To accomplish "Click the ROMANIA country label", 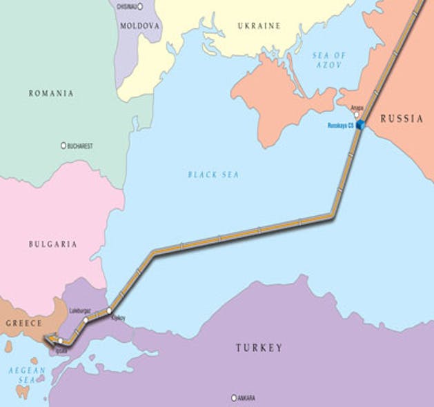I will tap(50, 93).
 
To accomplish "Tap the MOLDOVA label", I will tap(140, 26).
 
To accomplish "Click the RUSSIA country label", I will tap(402, 119).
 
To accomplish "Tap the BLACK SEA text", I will tap(213, 175).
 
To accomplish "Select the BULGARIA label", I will tap(52, 244).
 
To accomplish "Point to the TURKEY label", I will tap(259, 348).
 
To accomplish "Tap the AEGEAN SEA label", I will tap(26, 375).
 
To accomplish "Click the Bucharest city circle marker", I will tap(63, 146).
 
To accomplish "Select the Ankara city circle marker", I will tap(234, 398).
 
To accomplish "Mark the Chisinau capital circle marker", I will tap(140, 6).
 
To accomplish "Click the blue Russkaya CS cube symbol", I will tap(360, 125).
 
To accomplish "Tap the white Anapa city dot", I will tap(357, 115).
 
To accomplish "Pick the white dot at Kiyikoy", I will tap(109, 311).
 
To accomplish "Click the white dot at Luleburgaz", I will tap(86, 321).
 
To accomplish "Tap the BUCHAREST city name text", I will tap(81, 146).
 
